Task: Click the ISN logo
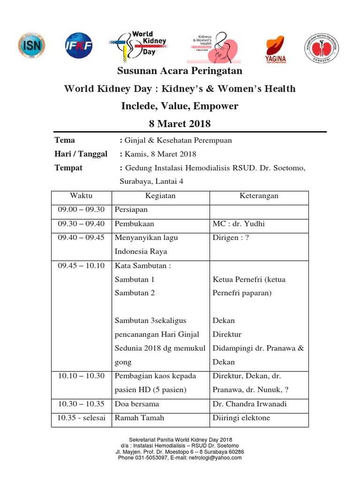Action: [32, 46]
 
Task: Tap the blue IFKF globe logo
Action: [78, 46]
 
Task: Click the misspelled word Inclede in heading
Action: [137, 106]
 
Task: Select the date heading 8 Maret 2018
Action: [180, 124]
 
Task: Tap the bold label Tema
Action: [65, 140]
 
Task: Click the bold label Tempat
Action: [68, 168]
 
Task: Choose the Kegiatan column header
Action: [161, 196]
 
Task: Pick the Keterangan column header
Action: [259, 196]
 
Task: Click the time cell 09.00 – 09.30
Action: [81, 210]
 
